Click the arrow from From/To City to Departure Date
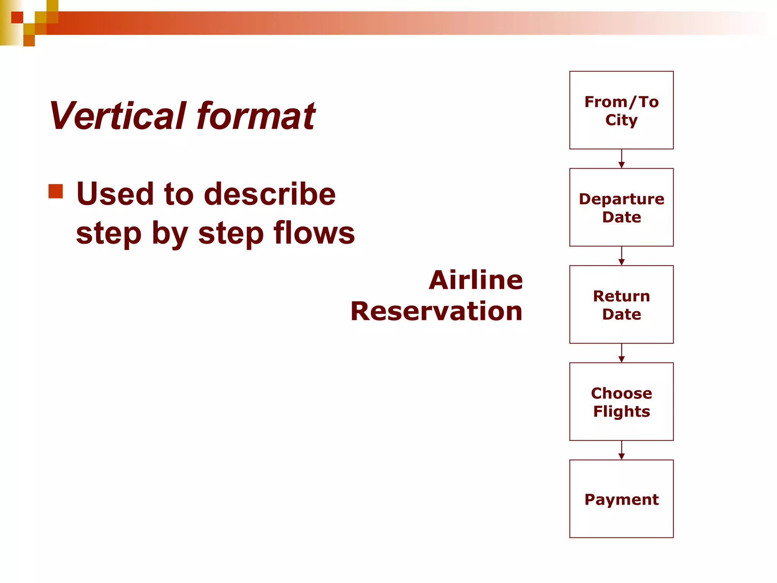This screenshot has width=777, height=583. tap(621, 159)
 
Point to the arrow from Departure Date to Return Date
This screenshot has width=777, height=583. tap(621, 256)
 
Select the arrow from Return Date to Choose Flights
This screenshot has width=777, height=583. tap(621, 353)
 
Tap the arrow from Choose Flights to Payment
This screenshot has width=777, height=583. tap(621, 450)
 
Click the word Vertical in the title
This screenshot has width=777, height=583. tap(118, 116)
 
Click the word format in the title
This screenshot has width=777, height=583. tap(256, 116)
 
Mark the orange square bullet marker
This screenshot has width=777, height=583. tap(56, 191)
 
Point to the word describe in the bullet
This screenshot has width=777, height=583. tap(270, 194)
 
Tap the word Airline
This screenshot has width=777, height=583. tap(476, 280)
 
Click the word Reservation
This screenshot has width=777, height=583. tap(436, 311)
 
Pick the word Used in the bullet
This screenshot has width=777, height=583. tap(114, 194)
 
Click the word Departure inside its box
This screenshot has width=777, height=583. tap(621, 199)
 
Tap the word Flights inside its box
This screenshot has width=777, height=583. tap(621, 411)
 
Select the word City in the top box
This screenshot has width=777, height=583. tap(621, 120)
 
